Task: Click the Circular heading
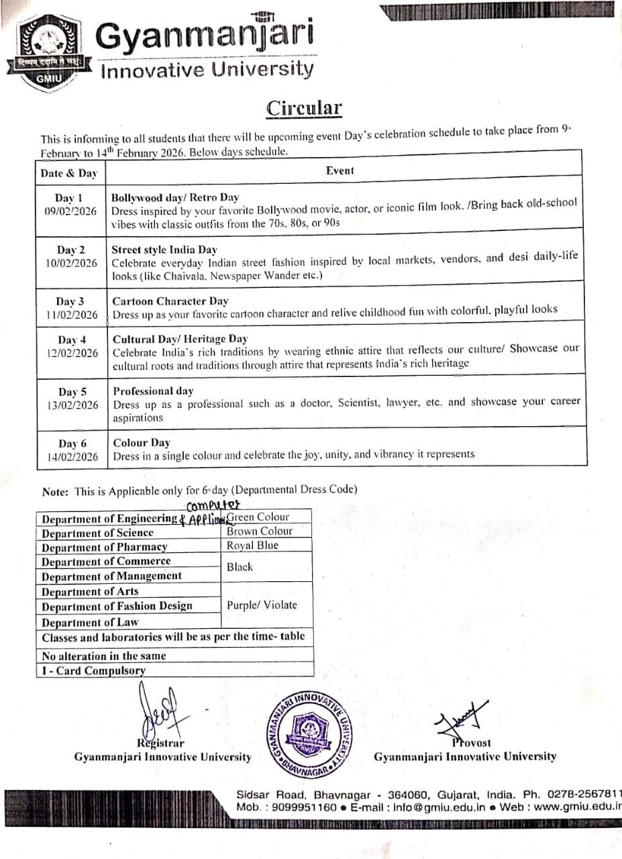tap(304, 109)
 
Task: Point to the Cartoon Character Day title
tap(170, 301)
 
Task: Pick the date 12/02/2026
tap(72, 353)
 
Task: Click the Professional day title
tap(153, 391)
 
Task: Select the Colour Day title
tap(142, 443)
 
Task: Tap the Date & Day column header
tap(68, 173)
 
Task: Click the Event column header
tap(340, 170)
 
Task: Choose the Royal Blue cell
tap(252, 546)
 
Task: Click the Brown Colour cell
tap(260, 531)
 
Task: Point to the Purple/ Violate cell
tap(262, 605)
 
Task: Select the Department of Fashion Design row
tap(117, 606)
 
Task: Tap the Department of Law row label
tap(90, 622)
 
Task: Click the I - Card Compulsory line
tap(94, 670)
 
